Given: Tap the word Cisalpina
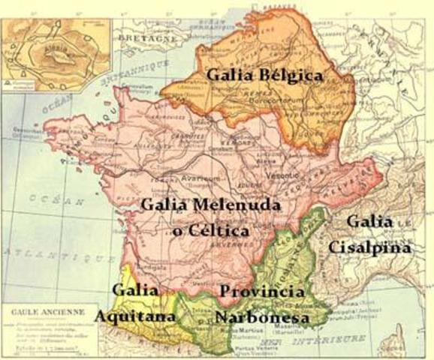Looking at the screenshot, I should pyautogui.click(x=374, y=247).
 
